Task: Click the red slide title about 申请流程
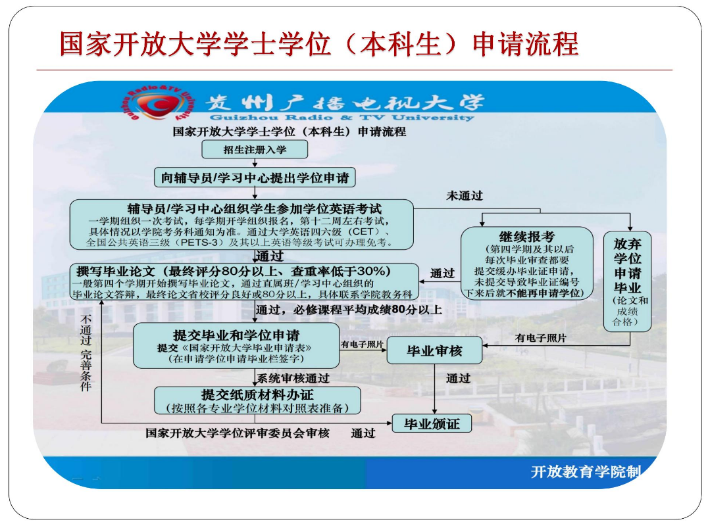coord(319,43)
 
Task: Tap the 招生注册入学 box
coord(254,150)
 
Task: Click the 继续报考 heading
coord(526,236)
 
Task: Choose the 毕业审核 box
coord(434,350)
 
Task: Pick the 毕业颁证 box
coord(432,424)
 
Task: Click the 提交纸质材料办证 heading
coord(257,394)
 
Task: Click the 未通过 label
coord(465,196)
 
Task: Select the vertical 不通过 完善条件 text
coord(86,352)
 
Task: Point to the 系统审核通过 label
coord(293,379)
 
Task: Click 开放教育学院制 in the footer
coord(585,472)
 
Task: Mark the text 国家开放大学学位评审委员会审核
coord(238,433)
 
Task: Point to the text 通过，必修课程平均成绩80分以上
coord(348,310)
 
